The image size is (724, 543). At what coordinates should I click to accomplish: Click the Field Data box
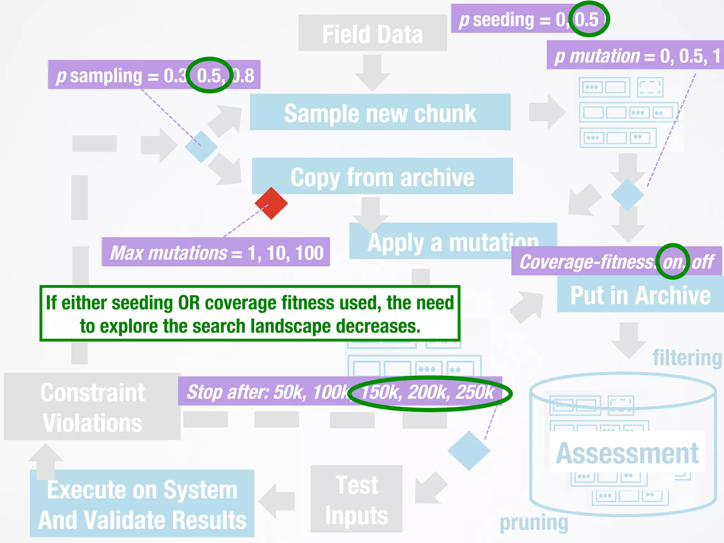pyautogui.click(x=372, y=33)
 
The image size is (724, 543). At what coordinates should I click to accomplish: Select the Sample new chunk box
pyautogui.click(x=380, y=112)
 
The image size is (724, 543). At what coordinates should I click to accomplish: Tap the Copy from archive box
pyautogui.click(x=382, y=176)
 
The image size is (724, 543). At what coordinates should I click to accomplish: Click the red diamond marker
pyautogui.click(x=271, y=203)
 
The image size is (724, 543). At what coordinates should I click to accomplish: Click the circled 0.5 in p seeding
pyautogui.click(x=587, y=19)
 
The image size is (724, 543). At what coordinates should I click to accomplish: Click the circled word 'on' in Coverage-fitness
pyautogui.click(x=672, y=262)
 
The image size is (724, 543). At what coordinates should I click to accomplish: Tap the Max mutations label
pyautogui.click(x=216, y=252)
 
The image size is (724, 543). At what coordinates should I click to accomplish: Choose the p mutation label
pyautogui.click(x=635, y=56)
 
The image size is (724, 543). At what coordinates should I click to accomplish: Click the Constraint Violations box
pyautogui.click(x=92, y=407)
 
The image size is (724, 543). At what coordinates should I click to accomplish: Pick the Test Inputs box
pyautogui.click(x=356, y=499)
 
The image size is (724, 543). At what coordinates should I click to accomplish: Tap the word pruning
pyautogui.click(x=533, y=522)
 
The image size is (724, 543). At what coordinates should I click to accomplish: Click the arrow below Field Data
pyautogui.click(x=372, y=72)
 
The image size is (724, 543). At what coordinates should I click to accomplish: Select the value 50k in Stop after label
pyautogui.click(x=290, y=392)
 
